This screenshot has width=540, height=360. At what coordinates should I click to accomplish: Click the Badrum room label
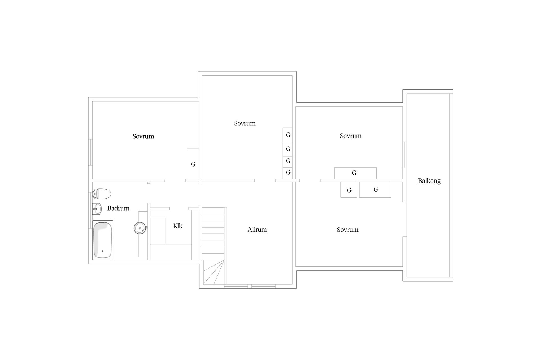[118, 208]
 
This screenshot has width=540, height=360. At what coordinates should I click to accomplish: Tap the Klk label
[178, 226]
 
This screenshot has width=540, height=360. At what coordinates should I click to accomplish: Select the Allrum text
[257, 230]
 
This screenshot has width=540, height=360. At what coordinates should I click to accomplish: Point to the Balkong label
[429, 181]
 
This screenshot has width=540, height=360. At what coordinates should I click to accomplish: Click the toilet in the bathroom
[102, 194]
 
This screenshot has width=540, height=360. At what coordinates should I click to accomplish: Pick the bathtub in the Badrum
[103, 240]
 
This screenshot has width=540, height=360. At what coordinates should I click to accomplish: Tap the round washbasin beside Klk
[140, 228]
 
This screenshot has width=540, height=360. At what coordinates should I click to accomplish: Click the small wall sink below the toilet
[97, 209]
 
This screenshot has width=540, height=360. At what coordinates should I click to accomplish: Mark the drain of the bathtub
[103, 251]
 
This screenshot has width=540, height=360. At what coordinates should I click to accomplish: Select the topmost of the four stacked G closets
[288, 135]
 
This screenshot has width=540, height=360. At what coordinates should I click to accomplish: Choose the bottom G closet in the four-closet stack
[288, 172]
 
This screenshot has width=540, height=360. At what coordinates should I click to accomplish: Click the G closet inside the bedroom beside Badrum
[193, 164]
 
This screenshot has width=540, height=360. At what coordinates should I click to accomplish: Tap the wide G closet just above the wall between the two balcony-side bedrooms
[355, 173]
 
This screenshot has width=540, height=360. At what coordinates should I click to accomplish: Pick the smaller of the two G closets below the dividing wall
[349, 190]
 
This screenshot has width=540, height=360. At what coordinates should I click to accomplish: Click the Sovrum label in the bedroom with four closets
[245, 123]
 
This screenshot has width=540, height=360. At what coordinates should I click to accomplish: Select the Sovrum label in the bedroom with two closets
[348, 230]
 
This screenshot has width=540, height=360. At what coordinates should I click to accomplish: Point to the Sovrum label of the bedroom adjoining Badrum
[143, 136]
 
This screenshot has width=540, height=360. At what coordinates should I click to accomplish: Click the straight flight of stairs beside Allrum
[213, 233]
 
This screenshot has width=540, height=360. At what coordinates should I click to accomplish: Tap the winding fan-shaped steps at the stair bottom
[214, 272]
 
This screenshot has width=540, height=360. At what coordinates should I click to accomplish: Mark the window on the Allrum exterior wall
[250, 286]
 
